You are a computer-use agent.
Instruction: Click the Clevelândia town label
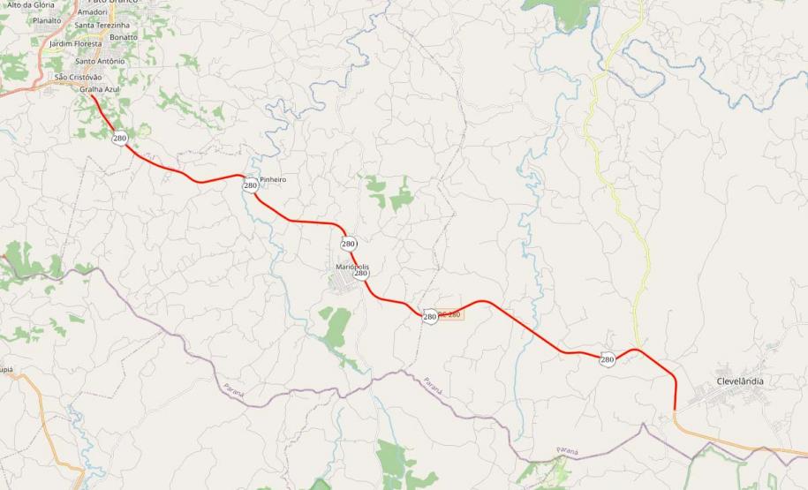(x=740, y=381)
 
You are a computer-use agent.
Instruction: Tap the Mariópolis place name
(x=351, y=266)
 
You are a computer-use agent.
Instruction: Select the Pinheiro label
(x=273, y=179)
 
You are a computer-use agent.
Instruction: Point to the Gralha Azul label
(x=99, y=89)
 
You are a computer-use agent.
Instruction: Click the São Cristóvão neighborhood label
(x=79, y=77)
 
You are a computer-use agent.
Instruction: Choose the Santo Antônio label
(x=100, y=61)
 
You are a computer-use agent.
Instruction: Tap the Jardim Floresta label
(x=76, y=43)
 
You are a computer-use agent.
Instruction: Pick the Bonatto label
(x=124, y=37)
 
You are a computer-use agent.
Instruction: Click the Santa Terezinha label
(x=102, y=26)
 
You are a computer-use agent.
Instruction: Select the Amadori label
(x=92, y=12)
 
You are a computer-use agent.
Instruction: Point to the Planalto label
(x=47, y=19)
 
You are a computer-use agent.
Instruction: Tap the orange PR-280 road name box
(x=450, y=314)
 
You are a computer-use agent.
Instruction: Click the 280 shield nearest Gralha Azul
(x=119, y=138)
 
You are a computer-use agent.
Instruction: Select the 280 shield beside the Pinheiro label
(x=251, y=185)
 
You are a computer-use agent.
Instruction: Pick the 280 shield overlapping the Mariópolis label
(x=361, y=274)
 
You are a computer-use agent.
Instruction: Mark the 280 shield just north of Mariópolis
(x=348, y=244)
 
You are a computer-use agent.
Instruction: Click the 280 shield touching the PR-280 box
(x=430, y=316)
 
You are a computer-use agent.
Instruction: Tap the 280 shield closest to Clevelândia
(x=608, y=359)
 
